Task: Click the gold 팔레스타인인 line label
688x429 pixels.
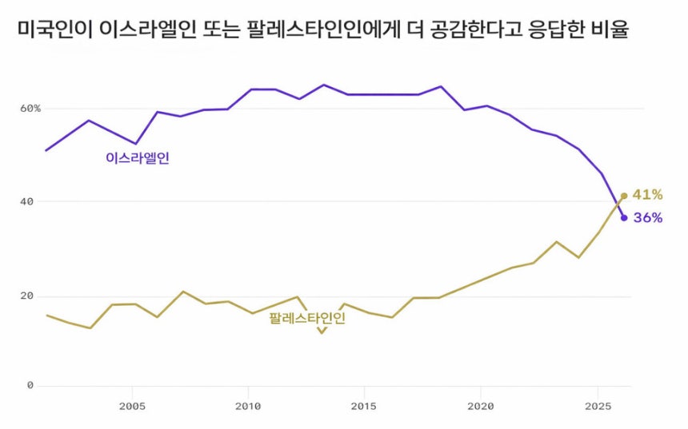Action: (307, 318)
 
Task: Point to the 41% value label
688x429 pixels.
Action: (647, 194)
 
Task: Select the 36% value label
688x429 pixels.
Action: (647, 217)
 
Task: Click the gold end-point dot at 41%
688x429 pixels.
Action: (624, 196)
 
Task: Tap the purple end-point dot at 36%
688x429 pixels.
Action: (624, 217)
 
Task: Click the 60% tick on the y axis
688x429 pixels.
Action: (31, 108)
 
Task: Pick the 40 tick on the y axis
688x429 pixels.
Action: (27, 202)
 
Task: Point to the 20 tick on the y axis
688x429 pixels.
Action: (27, 296)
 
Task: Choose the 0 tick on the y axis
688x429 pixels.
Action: (30, 386)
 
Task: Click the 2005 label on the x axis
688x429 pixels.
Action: (132, 406)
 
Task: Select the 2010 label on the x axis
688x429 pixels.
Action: (248, 406)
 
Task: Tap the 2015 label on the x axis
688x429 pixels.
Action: (364, 406)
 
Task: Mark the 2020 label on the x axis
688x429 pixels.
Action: (481, 406)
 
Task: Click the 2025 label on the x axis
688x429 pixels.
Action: (598, 406)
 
